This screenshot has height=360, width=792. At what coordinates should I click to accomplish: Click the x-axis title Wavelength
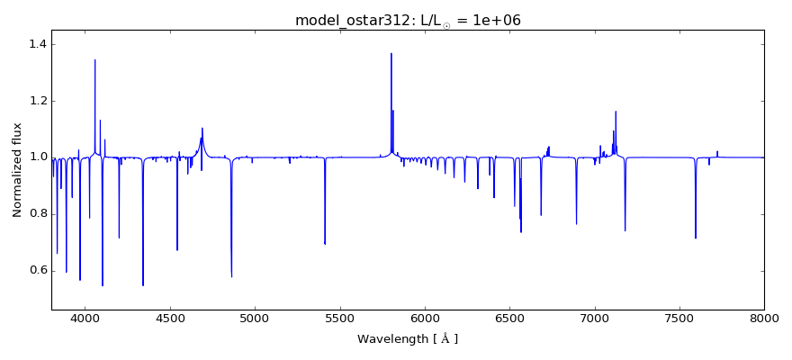408,339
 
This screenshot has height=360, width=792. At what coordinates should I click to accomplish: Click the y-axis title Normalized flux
17,169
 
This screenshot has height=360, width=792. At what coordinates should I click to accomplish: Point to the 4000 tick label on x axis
85,318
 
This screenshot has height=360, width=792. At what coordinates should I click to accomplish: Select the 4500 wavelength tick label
170,318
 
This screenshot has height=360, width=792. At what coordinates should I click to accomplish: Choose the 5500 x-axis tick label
340,318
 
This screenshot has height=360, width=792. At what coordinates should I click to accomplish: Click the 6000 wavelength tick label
425,318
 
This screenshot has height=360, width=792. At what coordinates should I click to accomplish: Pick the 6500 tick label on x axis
509,318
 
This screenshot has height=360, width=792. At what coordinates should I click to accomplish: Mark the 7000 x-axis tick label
595,318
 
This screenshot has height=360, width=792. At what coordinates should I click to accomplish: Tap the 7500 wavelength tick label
679,318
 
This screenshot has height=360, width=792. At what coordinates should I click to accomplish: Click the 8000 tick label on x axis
764,318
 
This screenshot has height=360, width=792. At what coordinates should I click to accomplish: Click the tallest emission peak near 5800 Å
391,54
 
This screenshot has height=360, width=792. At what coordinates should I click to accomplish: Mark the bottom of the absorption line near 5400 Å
325,243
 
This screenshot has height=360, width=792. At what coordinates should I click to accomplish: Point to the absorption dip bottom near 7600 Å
696,238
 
